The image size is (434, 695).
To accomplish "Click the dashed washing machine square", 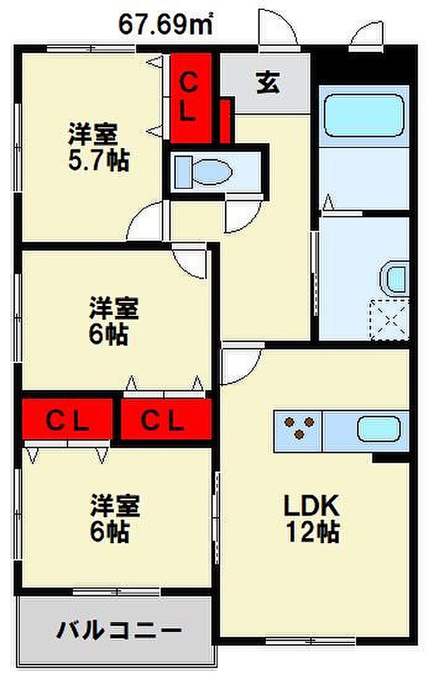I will pos(390,318).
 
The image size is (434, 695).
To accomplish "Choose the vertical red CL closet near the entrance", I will pos(191,97).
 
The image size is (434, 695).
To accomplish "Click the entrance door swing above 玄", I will pos(277,31).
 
